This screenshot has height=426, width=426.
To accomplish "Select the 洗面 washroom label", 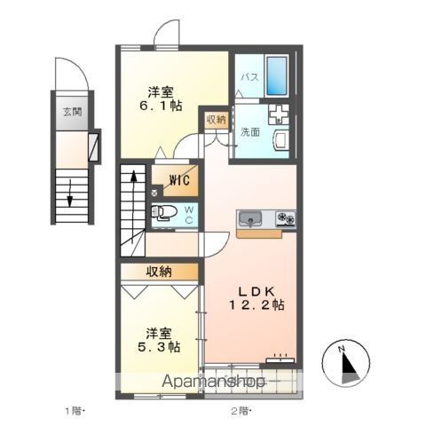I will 248,132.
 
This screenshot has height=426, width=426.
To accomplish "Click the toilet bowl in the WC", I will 163,212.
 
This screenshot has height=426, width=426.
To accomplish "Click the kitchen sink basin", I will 249,218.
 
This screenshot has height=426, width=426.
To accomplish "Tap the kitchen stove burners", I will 285,218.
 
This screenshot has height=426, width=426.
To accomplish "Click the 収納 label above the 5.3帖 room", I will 160,272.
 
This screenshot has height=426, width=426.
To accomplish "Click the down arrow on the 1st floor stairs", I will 68,189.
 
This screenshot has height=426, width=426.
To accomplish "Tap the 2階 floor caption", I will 241,411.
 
